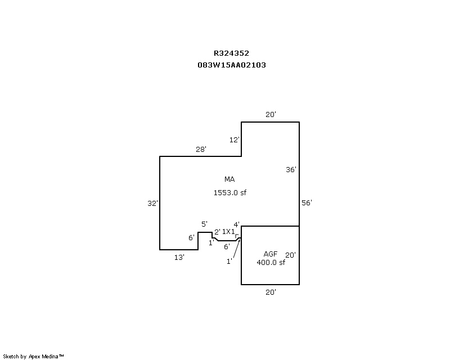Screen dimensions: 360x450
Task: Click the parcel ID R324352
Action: (231, 53)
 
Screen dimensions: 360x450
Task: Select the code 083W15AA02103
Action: (231, 65)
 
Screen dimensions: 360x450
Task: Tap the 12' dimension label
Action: (235, 139)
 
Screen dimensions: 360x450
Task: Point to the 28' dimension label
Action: (201, 149)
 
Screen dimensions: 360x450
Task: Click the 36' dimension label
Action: (291, 169)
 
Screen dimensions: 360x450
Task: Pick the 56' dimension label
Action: (307, 203)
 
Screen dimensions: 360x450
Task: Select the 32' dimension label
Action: (152, 203)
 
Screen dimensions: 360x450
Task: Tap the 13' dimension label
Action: (179, 257)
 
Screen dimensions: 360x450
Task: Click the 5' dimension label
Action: (205, 224)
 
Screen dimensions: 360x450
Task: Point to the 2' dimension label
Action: (217, 232)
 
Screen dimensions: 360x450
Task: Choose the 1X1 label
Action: (228, 232)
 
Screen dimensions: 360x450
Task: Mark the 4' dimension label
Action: (237, 224)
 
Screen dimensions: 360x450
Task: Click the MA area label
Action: (229, 179)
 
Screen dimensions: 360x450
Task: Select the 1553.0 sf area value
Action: (229, 192)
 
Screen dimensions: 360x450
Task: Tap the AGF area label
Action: (271, 254)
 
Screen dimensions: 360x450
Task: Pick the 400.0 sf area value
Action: (271, 262)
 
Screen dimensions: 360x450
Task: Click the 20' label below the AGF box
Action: (271, 292)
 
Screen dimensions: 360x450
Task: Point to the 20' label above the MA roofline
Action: (271, 115)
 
